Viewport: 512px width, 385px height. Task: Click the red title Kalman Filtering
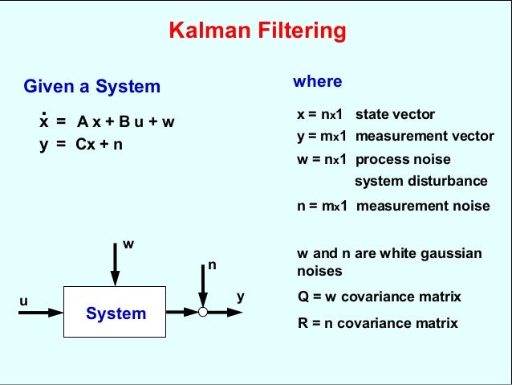pyautogui.click(x=257, y=32)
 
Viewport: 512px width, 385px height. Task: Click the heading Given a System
pyautogui.click(x=91, y=86)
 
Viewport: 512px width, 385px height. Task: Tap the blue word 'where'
pyautogui.click(x=317, y=81)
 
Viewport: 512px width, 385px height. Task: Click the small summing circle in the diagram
pyautogui.click(x=203, y=312)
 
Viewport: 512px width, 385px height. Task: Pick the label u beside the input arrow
pyautogui.click(x=23, y=301)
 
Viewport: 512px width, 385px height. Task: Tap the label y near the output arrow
pyautogui.click(x=240, y=297)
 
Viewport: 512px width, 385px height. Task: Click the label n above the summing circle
pyautogui.click(x=212, y=264)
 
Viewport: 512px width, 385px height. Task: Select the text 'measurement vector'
pyautogui.click(x=425, y=137)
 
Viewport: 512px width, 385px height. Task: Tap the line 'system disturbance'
pyautogui.click(x=421, y=180)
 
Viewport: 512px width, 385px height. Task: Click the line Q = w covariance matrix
pyautogui.click(x=379, y=297)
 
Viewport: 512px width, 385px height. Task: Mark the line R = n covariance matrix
pyautogui.click(x=377, y=323)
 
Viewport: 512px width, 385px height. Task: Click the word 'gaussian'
pyautogui.click(x=451, y=253)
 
